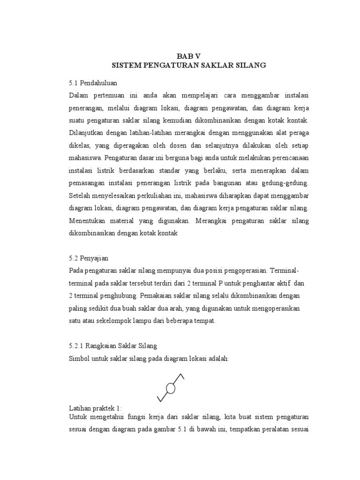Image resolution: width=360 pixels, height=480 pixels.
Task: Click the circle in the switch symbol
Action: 171,388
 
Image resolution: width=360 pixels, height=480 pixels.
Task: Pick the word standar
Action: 180,169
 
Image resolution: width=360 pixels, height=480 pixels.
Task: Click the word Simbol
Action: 80,358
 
